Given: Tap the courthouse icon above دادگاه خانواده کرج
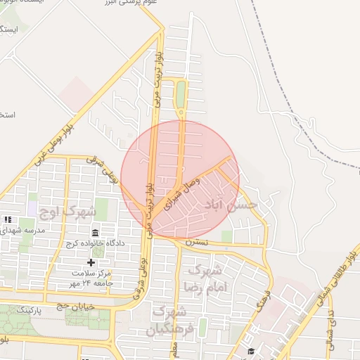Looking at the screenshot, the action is coord(96,233).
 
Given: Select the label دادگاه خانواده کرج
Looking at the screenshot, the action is coord(95,243).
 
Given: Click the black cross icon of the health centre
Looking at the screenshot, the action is coord(91,262).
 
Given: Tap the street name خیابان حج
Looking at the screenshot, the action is coord(75,306).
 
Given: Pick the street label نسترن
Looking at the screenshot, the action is coord(197,242).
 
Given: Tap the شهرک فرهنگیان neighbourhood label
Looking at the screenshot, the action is coord(169,321).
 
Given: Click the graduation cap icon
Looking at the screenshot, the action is coord(251,351).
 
